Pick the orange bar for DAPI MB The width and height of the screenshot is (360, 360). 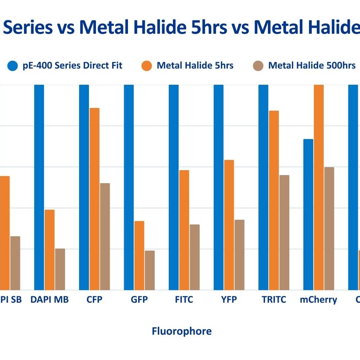point(50,250)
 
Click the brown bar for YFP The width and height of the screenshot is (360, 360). point(239,255)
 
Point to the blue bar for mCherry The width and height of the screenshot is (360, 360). point(308,214)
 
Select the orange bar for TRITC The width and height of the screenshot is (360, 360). point(274,200)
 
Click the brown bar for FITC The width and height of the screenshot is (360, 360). point(195,257)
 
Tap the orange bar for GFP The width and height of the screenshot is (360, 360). point(140,255)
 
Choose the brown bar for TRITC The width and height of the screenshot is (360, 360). point(284,232)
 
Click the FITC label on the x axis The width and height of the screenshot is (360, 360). point(184,300)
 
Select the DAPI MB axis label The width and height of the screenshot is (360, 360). point(50,300)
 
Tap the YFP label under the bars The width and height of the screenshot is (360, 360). point(229,300)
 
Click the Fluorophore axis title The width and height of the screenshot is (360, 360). point(182,331)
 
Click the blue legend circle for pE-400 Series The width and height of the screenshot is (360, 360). point(13,66)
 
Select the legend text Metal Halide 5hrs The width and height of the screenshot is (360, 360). point(195,65)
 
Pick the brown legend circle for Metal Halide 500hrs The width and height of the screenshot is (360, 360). point(258,66)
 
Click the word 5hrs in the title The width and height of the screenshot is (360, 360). point(210,28)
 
